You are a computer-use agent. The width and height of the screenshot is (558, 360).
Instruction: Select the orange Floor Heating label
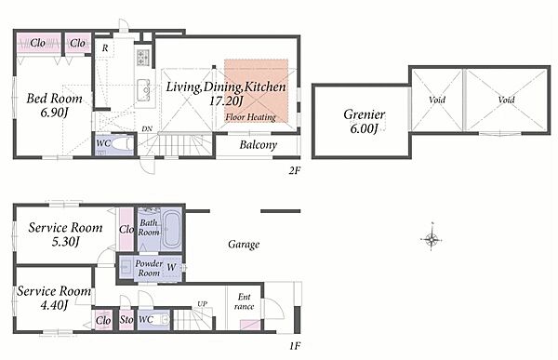(250, 117)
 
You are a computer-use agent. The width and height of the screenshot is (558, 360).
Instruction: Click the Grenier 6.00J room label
(364, 122)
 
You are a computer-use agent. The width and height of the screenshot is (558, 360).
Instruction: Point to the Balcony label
(258, 145)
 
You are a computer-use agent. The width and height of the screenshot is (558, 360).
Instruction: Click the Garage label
(244, 245)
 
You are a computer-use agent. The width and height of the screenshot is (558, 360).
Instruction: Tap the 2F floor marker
(294, 170)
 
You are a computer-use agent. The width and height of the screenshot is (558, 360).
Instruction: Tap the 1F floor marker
(295, 345)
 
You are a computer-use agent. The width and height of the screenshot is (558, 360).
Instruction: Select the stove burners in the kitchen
(143, 57)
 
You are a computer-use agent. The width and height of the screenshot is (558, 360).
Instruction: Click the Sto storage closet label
(126, 320)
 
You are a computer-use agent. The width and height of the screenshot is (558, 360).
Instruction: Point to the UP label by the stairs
(203, 304)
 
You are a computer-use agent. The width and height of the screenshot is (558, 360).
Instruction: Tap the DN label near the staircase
(147, 129)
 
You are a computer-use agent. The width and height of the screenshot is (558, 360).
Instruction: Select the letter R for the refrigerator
(105, 47)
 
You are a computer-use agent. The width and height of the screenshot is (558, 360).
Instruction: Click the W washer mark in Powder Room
(171, 267)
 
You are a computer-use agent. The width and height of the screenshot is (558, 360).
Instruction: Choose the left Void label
(437, 100)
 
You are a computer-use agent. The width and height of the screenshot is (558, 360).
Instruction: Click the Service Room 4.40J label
(54, 298)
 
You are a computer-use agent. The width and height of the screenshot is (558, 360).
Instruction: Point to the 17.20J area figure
(226, 101)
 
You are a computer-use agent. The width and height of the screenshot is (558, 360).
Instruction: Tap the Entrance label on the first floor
(244, 301)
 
